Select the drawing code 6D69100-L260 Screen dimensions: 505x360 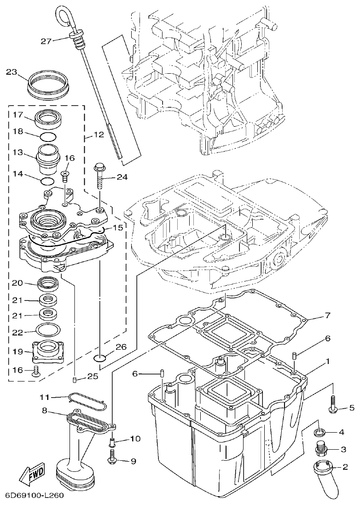pyautogui.click(x=34, y=496)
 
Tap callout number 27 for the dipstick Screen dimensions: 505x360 pyautogui.click(x=46, y=41)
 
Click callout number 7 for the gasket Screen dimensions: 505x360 pyautogui.click(x=327, y=316)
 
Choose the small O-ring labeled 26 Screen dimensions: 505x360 pyautogui.click(x=101, y=358)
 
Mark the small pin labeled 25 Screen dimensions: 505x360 pyautogui.click(x=75, y=379)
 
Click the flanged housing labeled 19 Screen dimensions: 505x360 pyautogui.click(x=47, y=352)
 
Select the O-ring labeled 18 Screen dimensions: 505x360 pyautogui.click(x=47, y=136)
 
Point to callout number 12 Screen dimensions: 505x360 pyautogui.click(x=99, y=135)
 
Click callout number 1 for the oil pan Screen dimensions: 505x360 pyautogui.click(x=327, y=362)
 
